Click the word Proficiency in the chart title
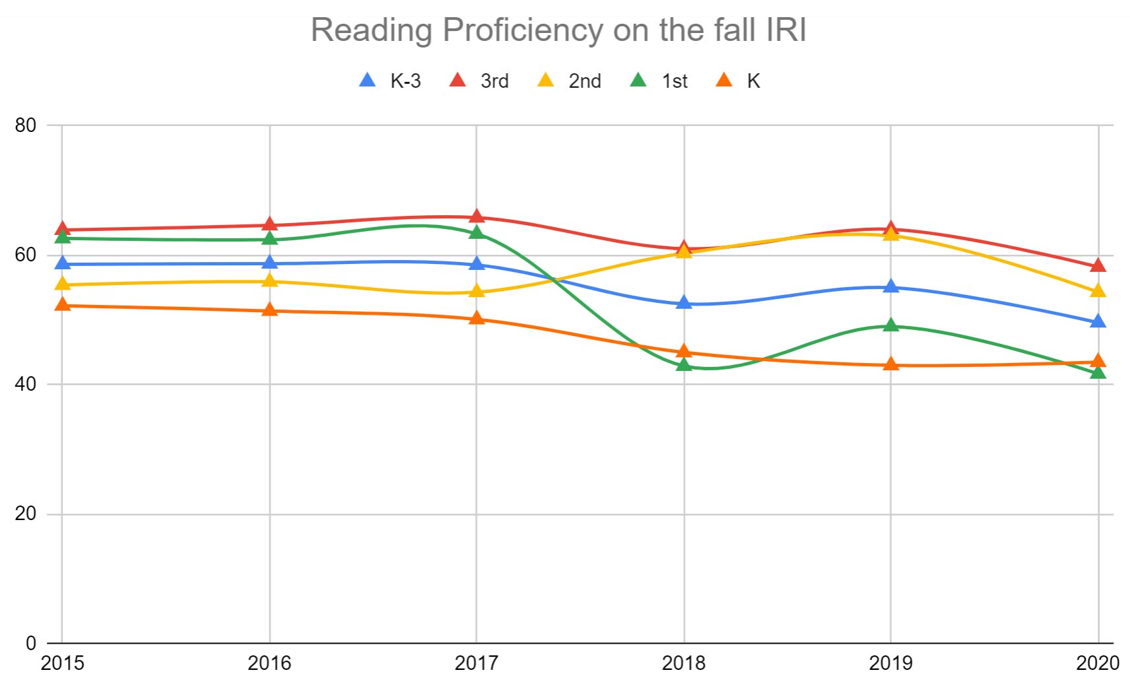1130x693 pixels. [x=523, y=30]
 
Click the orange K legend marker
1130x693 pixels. [x=724, y=81]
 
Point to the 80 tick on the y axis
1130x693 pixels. [x=25, y=125]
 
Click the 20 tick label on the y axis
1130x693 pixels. [x=25, y=513]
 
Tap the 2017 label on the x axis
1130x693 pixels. [x=476, y=663]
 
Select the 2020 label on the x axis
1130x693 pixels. [x=1097, y=663]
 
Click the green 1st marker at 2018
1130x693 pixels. [x=684, y=364]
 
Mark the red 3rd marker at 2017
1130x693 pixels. [x=477, y=216]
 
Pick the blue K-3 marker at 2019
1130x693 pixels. [x=891, y=286]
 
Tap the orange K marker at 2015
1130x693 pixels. [x=63, y=304]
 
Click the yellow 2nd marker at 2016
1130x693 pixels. [x=269, y=280]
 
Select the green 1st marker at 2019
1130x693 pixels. [x=891, y=325]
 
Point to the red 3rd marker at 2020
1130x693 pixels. [x=1098, y=265]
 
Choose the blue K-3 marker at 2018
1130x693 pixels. [x=684, y=303]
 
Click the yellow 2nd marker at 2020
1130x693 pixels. [x=1098, y=291]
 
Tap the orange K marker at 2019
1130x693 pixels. [x=891, y=364]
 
